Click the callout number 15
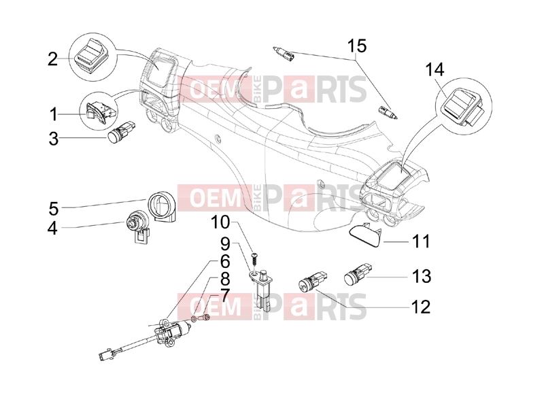point(356,46)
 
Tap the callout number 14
point(435,70)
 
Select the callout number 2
point(52,59)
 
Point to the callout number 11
point(421,241)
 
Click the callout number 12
point(421,307)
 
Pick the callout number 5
point(54,209)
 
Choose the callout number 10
point(220,222)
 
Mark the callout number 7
point(225,296)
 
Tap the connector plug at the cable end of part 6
point(104,355)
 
